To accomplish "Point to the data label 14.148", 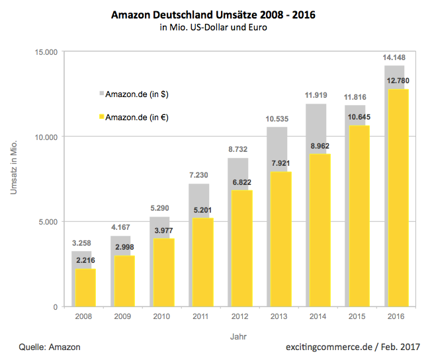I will (394, 57).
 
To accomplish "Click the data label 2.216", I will (86, 261).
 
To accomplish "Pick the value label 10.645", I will (357, 117).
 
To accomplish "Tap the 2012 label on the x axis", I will (239, 316).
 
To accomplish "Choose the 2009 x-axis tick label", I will (123, 316).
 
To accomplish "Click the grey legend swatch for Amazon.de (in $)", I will (102, 94).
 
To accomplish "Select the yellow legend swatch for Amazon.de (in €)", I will (102, 117).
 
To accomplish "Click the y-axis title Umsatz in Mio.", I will (15, 165).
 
